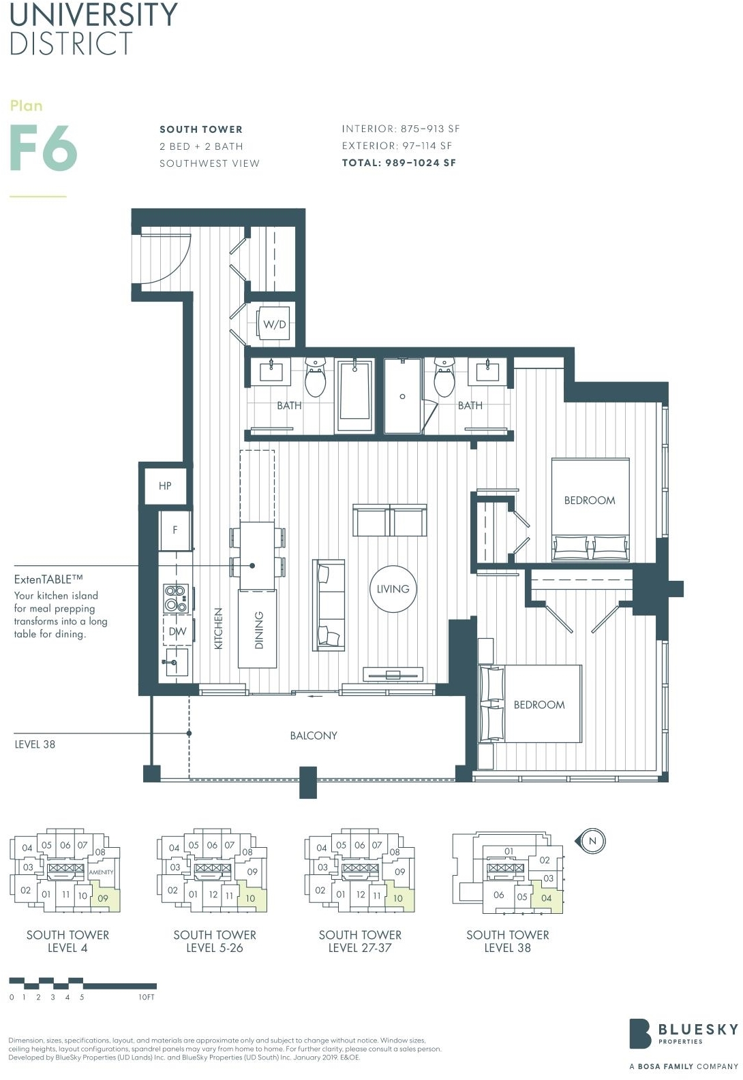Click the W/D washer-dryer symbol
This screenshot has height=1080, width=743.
coord(274,323)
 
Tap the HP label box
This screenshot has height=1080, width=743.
coord(165,486)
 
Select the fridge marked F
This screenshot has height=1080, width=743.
coord(175,530)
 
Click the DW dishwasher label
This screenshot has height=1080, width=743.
coord(177,631)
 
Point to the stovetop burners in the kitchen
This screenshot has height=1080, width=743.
coord(176,598)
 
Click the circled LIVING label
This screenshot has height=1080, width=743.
coord(393,589)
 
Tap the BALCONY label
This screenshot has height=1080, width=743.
coord(314,735)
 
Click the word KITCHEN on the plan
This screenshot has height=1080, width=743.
coord(218,629)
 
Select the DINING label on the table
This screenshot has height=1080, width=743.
coord(259,630)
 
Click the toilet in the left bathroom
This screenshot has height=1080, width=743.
coord(315,377)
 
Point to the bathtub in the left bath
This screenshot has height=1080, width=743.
coord(354,391)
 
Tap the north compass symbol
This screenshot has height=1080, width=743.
coord(591,841)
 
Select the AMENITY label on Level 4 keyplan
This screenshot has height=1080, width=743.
coord(101,872)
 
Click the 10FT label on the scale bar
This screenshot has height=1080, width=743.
coord(147,997)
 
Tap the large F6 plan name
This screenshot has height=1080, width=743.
coord(44,147)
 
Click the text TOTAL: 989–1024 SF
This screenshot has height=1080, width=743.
coord(399,163)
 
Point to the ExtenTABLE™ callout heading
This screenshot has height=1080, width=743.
coord(48,579)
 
